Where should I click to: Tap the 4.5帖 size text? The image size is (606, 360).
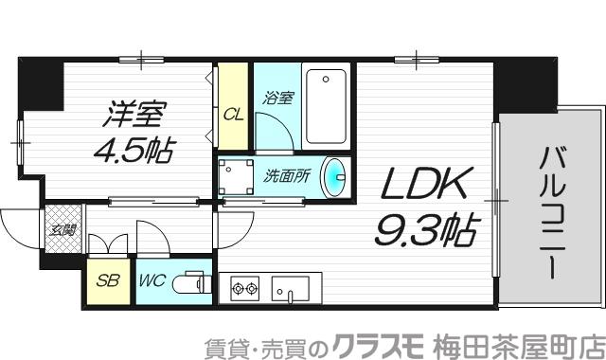click(134, 149)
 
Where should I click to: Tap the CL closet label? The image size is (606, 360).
click(231, 114)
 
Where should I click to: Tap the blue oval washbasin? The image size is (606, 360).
click(335, 176)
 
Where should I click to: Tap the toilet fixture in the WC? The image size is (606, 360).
click(194, 282)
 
